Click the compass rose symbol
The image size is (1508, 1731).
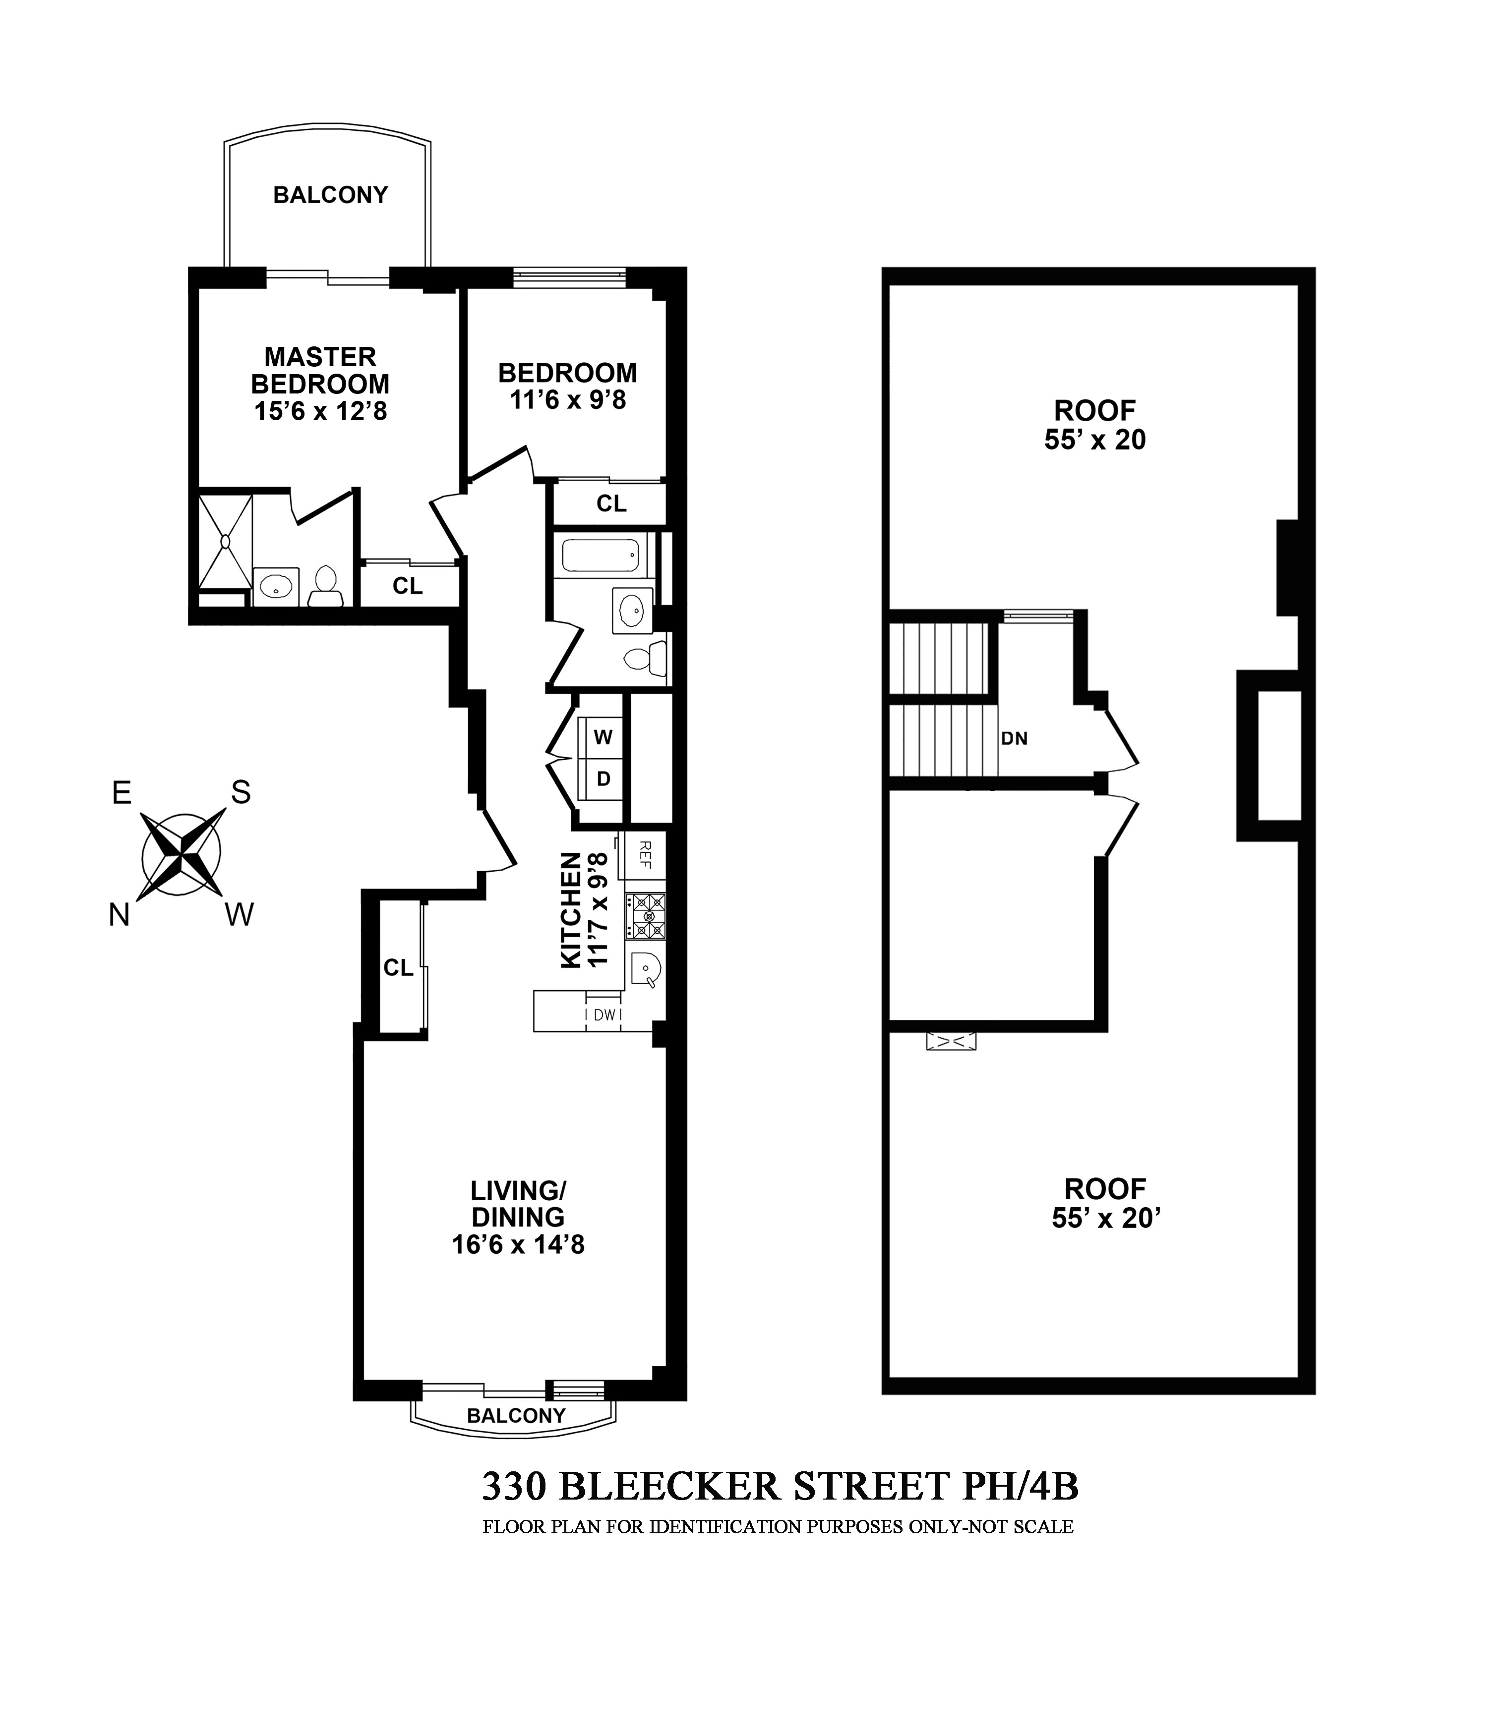coord(182,854)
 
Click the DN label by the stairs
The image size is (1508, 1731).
coord(1014,738)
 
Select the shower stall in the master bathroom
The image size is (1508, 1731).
coord(226,541)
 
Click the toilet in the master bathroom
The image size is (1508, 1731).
coord(325,585)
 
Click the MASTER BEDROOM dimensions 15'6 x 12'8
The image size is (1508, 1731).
coord(320,411)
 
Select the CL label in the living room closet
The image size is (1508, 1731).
coord(398,968)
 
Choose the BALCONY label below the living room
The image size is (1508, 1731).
coord(516,1416)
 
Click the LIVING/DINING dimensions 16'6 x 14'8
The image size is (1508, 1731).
coord(518,1244)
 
